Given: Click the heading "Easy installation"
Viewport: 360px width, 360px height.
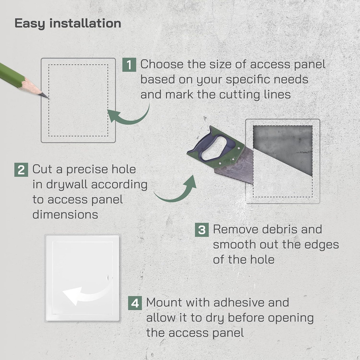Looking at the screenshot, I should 68,23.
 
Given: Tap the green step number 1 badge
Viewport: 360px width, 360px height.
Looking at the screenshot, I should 129,65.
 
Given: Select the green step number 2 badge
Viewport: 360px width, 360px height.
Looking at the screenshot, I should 21,170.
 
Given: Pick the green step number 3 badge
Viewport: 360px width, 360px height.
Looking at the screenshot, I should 202,230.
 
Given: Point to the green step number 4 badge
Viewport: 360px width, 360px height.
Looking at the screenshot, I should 135,303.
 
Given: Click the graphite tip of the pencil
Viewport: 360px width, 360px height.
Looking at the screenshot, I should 45,96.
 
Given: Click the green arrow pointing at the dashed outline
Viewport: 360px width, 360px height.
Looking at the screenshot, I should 130,115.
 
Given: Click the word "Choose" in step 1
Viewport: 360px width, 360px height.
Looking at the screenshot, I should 162,65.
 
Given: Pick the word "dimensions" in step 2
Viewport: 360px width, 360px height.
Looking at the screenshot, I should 65,215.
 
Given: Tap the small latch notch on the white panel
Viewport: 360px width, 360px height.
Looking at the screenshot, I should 109,278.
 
